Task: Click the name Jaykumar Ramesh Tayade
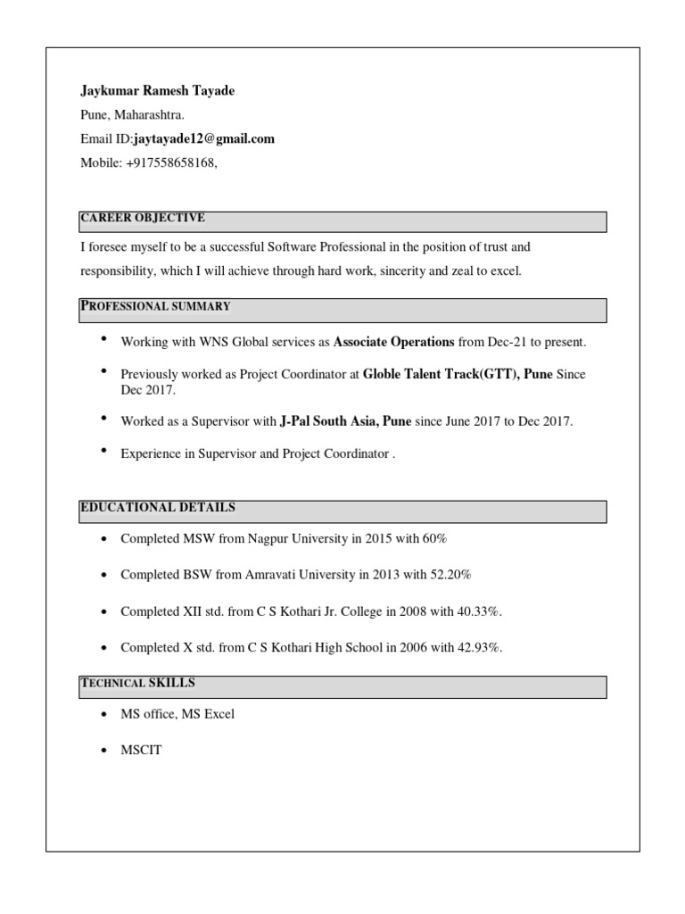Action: point(158,91)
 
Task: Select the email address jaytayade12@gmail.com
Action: point(204,138)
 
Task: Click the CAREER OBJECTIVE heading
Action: point(143,218)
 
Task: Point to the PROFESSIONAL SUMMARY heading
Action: point(156,306)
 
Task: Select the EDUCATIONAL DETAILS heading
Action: point(158,508)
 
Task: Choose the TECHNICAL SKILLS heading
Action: point(138,684)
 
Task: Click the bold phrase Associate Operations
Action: point(393,342)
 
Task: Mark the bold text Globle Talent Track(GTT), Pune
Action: point(458,375)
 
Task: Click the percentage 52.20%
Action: point(450,575)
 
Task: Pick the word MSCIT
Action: point(141,751)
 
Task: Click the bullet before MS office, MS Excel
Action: point(104,715)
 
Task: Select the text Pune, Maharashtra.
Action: point(133,115)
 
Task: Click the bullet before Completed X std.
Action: point(104,648)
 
